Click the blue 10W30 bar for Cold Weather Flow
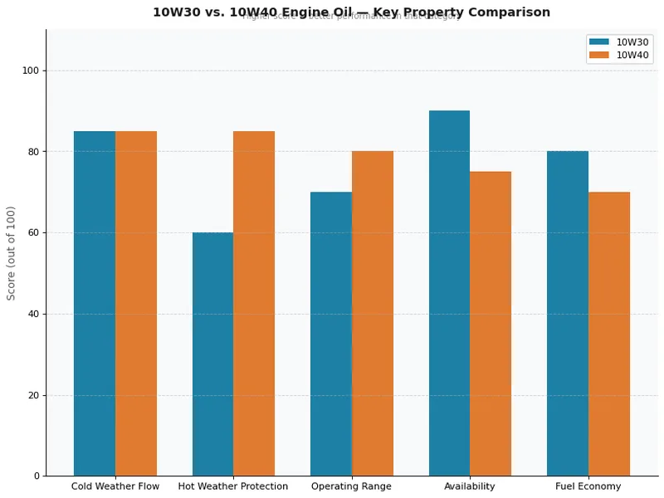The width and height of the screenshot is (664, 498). pos(95,303)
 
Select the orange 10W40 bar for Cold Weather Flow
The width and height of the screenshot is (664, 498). pos(136,303)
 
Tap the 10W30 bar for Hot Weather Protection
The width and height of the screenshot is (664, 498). pos(212,354)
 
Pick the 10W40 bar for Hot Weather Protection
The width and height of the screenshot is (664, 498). pos(254,303)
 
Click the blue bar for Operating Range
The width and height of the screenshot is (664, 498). pos(331,334)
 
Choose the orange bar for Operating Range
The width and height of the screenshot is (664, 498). pos(373,314)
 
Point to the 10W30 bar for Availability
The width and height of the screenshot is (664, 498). pos(449,293)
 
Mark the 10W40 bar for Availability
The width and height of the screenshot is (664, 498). pos(491,324)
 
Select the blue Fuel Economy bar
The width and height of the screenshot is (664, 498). pos(568,314)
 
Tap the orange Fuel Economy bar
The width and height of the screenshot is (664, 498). pos(609,334)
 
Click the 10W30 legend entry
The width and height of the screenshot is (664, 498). pos(619,41)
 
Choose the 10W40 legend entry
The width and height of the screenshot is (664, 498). pos(619,55)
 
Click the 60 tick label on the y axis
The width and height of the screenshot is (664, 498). pos(33,232)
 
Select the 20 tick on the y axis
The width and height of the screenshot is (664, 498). pos(33,395)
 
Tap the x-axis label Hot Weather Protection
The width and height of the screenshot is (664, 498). pos(233,486)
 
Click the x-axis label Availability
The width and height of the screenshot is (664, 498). pos(470,486)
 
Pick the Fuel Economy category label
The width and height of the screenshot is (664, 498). pos(588,486)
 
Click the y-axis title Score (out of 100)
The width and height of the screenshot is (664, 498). pos(12,253)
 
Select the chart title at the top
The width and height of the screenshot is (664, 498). pos(351,12)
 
